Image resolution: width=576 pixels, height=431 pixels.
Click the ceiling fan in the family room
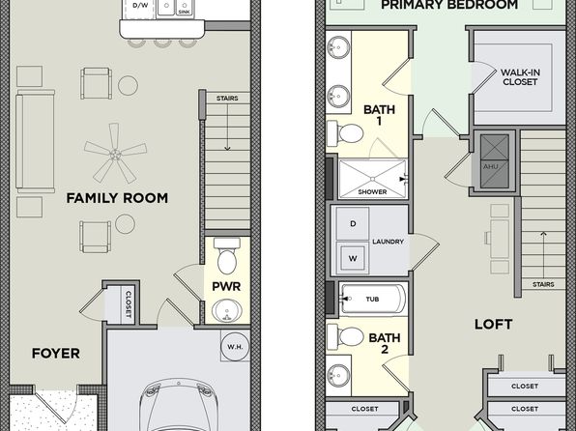pyautogui.click(x=115, y=154)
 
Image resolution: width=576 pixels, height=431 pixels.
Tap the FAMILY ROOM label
pyautogui.click(x=117, y=198)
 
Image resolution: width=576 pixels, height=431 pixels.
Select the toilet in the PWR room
pyautogui.click(x=227, y=255)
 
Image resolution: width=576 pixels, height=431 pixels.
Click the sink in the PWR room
pyautogui.click(x=227, y=311)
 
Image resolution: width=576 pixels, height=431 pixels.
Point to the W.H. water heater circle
pyautogui.click(x=235, y=347)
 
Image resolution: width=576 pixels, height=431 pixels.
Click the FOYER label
pyautogui.click(x=56, y=354)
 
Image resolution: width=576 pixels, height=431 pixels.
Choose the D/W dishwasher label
pyautogui.click(x=140, y=5)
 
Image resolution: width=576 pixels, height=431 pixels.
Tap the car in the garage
pyautogui.click(x=179, y=405)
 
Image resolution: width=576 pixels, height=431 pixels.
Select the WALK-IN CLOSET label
pyautogui.click(x=520, y=77)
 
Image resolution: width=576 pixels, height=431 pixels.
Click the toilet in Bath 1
pyautogui.click(x=345, y=132)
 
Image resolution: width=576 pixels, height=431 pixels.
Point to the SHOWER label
pyautogui.click(x=372, y=191)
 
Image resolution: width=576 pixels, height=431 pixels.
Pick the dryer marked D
pyautogui.click(x=353, y=224)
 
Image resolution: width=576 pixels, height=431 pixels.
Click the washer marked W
pyautogui.click(x=353, y=258)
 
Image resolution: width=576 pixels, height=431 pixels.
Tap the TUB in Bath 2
pyautogui.click(x=373, y=300)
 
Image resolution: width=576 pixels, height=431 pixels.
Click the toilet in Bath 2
pyautogui.click(x=345, y=336)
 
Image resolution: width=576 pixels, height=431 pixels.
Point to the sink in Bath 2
pyautogui.click(x=338, y=376)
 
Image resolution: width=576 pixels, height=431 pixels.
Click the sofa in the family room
pyautogui.click(x=35, y=141)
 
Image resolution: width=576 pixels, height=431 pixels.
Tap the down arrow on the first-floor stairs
pyautogui.click(x=227, y=128)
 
